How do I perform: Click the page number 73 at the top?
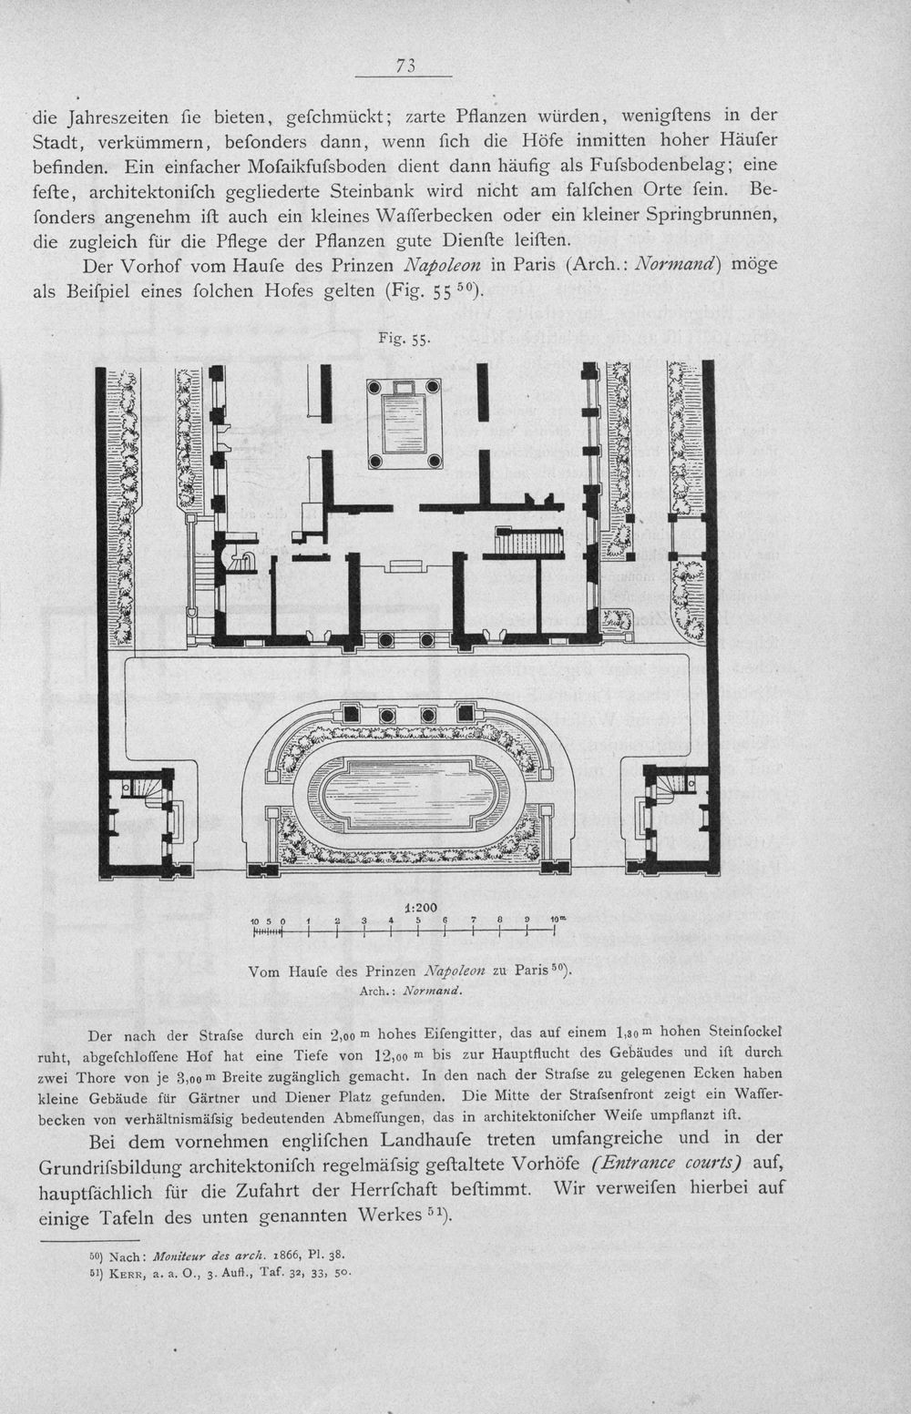405,65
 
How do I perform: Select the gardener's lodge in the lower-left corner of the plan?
138,822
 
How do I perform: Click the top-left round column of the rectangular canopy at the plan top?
377,386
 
